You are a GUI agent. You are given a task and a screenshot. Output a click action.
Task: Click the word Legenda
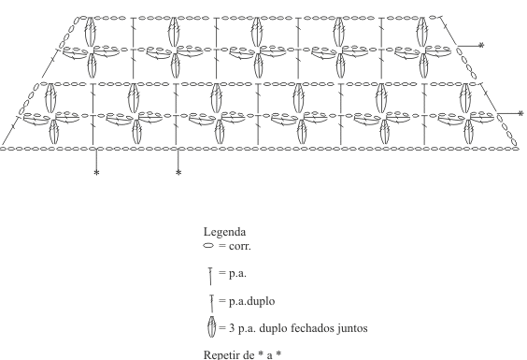click(x=224, y=232)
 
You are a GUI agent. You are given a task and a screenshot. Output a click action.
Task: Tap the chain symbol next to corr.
click(x=208, y=246)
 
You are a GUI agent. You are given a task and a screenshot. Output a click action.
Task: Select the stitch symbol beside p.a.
click(x=211, y=276)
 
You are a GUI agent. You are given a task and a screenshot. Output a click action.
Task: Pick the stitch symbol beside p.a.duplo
click(x=212, y=304)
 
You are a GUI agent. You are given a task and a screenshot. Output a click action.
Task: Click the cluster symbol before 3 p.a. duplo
click(x=211, y=326)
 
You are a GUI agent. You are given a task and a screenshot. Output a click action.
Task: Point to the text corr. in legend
click(x=239, y=246)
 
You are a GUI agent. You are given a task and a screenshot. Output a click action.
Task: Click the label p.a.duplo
click(x=251, y=301)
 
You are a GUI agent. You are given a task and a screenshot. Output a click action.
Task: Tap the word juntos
click(x=352, y=328)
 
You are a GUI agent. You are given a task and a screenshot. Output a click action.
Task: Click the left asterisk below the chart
click(x=96, y=173)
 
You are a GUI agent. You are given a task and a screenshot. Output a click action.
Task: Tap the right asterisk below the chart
click(x=178, y=173)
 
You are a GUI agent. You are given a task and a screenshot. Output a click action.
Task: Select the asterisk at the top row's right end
click(x=481, y=45)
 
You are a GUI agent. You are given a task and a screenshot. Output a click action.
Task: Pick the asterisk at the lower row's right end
click(x=521, y=114)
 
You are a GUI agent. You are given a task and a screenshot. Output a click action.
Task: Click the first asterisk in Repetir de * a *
click(x=261, y=354)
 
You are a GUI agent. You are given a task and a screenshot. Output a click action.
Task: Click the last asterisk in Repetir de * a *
click(x=278, y=354)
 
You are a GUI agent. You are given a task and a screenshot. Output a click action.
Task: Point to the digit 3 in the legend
click(x=232, y=328)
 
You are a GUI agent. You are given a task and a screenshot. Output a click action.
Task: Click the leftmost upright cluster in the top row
click(x=90, y=32)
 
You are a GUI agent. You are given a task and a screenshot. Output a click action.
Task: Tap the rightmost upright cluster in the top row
click(x=422, y=32)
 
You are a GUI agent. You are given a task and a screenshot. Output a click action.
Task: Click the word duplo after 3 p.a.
click(x=274, y=328)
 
